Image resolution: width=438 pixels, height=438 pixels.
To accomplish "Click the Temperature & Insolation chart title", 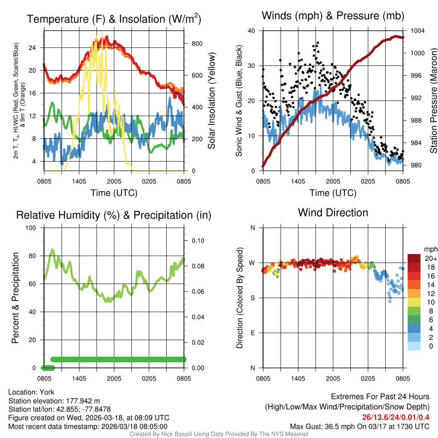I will pyautogui.click(x=114, y=19).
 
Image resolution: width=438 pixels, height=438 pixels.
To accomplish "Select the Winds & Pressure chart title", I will pyautogui.click(x=333, y=16).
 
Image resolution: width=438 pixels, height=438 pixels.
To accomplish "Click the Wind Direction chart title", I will pyautogui.click(x=333, y=213).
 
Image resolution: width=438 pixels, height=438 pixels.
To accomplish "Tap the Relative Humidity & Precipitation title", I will pyautogui.click(x=114, y=215).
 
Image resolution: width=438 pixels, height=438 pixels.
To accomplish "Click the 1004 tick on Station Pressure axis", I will pyautogui.click(x=417, y=31).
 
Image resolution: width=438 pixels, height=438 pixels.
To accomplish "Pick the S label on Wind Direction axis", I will pyautogui.click(x=253, y=298).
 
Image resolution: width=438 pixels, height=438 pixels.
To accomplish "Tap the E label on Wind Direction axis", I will pyautogui.click(x=253, y=333).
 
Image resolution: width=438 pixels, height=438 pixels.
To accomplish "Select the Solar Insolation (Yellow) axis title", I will pyautogui.click(x=211, y=101).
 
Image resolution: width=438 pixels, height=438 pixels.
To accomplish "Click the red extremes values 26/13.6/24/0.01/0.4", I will pyautogui.click(x=395, y=417).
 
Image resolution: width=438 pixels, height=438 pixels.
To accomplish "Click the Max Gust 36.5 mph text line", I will pyautogui.click(x=360, y=426).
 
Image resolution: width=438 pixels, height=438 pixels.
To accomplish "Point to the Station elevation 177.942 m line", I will pyautogui.click(x=54, y=401).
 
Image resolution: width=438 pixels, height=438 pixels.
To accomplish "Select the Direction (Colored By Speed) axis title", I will pyautogui.click(x=240, y=298).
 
